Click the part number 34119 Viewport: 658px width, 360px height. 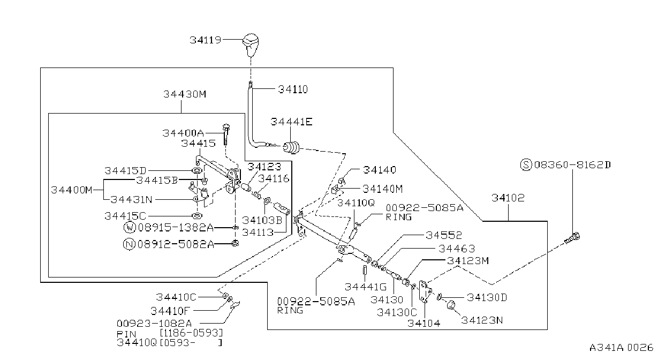(x=205, y=40)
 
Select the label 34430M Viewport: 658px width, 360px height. (x=185, y=94)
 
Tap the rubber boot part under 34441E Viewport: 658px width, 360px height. (x=291, y=147)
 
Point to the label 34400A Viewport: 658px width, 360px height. (x=183, y=133)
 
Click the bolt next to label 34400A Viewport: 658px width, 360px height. (x=226, y=134)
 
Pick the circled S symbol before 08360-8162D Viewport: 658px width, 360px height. (x=526, y=164)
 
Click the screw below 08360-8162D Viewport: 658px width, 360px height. (x=572, y=238)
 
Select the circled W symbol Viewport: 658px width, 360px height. (x=130, y=228)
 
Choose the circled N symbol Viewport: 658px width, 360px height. (x=129, y=244)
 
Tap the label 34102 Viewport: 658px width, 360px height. (x=508, y=198)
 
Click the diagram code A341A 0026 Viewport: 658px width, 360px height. (x=621, y=348)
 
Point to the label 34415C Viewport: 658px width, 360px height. (x=125, y=216)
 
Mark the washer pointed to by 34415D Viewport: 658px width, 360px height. (x=196, y=171)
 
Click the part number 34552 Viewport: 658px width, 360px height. (x=443, y=235)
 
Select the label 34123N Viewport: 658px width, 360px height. (x=482, y=320)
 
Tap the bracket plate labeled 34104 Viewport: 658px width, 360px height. (x=425, y=291)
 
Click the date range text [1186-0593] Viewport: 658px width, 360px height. (x=191, y=333)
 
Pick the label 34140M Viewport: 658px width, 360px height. (x=382, y=189)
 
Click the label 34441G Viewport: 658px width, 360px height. (x=366, y=287)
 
